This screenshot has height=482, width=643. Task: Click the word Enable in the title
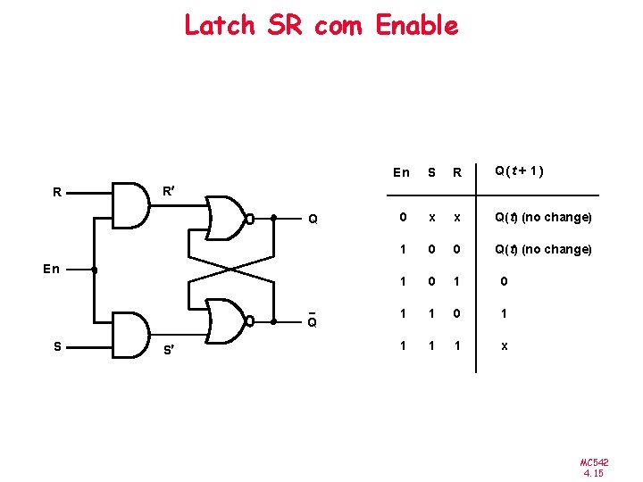[x=417, y=25]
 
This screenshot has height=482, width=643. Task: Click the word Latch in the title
[x=219, y=25]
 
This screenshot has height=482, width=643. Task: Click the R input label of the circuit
[x=56, y=191]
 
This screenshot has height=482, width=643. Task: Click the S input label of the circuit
[x=56, y=346]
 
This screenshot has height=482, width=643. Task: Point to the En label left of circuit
[x=52, y=269]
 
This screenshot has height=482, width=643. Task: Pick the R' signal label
[x=167, y=190]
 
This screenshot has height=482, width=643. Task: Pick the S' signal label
[x=167, y=349]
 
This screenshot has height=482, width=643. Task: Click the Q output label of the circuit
[x=312, y=219]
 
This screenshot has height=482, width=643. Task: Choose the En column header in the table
[x=401, y=172]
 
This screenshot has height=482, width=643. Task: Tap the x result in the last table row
[x=505, y=345]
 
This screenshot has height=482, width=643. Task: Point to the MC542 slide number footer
[x=593, y=467]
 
